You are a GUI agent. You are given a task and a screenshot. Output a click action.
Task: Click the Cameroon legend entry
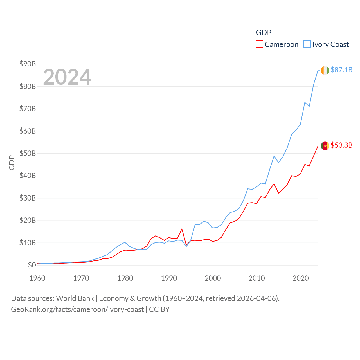click(277, 44)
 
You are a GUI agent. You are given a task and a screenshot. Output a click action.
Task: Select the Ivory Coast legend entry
click(326, 44)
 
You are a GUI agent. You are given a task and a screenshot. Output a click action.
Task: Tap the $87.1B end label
click(341, 70)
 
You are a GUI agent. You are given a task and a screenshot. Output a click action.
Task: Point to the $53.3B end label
click(341, 145)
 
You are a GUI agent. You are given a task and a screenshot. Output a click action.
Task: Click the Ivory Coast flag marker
click(325, 70)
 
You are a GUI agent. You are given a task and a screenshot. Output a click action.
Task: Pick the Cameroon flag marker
click(325, 146)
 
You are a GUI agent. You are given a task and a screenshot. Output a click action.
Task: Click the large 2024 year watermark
click(67, 77)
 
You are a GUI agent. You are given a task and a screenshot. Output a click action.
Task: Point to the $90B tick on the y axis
click(28, 64)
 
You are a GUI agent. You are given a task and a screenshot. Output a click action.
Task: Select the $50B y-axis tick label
click(28, 153)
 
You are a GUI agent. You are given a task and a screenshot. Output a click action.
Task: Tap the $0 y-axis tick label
click(32, 265)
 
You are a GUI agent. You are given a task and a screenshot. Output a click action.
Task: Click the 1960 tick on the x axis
click(37, 278)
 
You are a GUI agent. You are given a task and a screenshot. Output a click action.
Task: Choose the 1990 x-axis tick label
click(169, 278)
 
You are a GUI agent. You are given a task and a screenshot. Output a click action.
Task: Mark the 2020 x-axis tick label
click(300, 278)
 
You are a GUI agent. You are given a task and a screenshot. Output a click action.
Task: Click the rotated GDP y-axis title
click(12, 163)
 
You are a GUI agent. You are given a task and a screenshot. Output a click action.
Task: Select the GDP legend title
click(264, 33)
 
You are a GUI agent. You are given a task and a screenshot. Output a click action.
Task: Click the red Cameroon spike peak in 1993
click(182, 229)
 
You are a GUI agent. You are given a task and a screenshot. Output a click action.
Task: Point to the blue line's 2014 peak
click(274, 156)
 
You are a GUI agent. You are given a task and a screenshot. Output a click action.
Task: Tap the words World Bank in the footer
click(75, 298)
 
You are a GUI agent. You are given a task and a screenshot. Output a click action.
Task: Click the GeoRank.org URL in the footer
click(77, 309)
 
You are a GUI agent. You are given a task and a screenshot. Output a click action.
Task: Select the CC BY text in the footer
click(159, 309)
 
